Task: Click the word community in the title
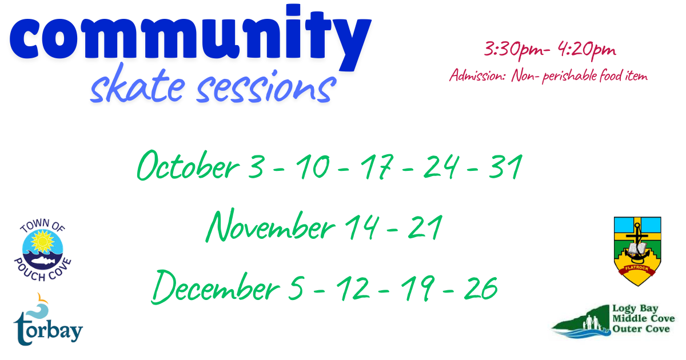tap(190, 37)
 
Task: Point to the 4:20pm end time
tap(587, 50)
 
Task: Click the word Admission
tap(477, 75)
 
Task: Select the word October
tap(188, 166)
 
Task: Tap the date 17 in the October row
tap(376, 167)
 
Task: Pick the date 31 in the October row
tap(505, 167)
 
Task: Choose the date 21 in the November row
tap(425, 227)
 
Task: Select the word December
tap(216, 287)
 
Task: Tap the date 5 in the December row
tap(296, 288)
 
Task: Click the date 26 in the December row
tap(481, 288)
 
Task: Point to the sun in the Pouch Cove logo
tap(43, 242)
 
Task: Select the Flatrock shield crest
tap(637, 251)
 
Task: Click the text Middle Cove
tap(644, 319)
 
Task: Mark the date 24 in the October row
tap(441, 167)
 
